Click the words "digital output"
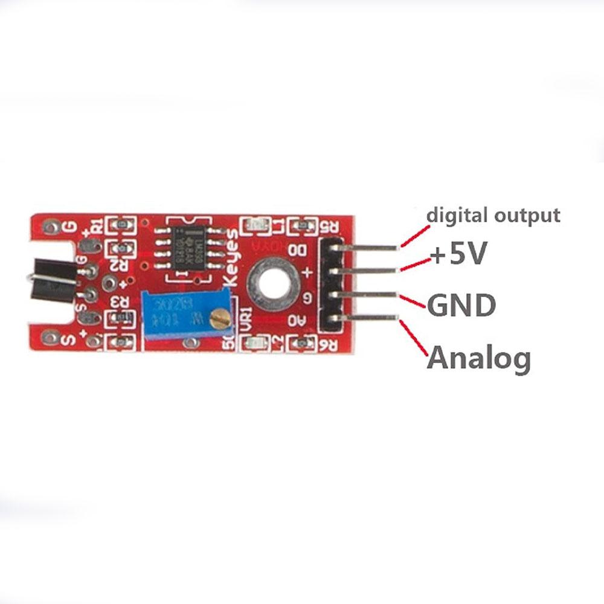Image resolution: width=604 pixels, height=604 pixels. (493, 215)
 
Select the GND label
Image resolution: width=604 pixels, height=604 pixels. (461, 306)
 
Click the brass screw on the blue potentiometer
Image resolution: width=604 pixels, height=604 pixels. (222, 316)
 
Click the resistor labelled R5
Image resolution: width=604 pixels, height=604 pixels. (300, 226)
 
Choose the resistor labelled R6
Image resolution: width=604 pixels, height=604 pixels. (300, 344)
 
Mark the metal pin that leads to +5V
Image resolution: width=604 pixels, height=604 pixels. (368, 271)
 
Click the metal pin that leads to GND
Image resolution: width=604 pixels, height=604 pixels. (368, 295)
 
